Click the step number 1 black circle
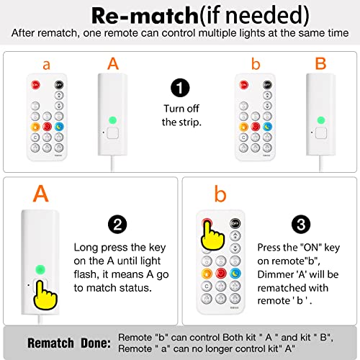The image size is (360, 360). point(180,88)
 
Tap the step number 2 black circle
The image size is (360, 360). point(117,225)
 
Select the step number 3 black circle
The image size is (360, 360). point(301,225)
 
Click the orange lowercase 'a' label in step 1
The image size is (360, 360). point(47,65)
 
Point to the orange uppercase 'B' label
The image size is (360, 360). point(320,63)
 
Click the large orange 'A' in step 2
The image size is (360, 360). point(41,194)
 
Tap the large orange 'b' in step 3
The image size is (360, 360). point(220,194)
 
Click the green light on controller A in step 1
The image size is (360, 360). point(112,120)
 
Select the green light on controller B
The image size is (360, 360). point(321,120)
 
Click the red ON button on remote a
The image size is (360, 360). point(35,85)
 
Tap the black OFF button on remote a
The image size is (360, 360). point(59,85)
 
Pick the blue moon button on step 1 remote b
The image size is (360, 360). point(267,127)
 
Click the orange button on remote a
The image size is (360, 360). point(35,127)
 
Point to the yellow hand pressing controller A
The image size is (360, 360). point(45,295)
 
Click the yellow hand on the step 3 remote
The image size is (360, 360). point(212,236)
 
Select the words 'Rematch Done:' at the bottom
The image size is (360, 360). point(69,343)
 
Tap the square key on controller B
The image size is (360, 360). point(321,133)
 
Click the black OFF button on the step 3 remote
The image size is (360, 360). point(235,223)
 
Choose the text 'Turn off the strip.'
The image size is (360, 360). point(181,115)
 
